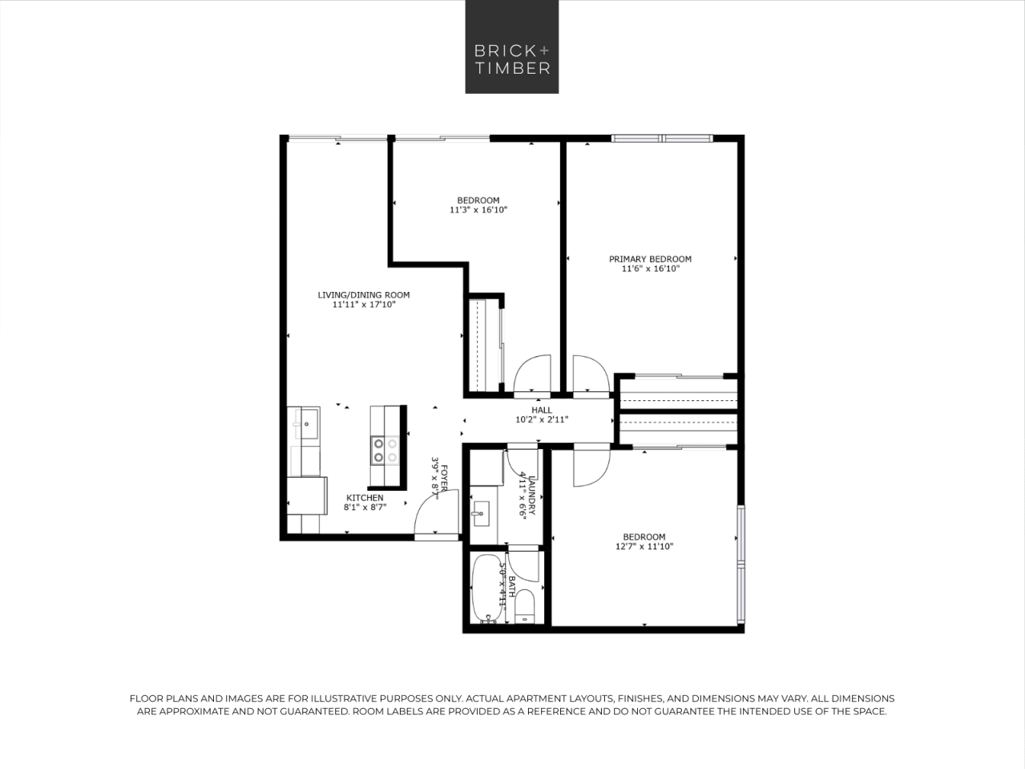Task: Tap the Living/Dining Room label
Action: [x=364, y=295]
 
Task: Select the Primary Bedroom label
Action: [x=650, y=259]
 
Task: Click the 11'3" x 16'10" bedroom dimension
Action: [x=478, y=210]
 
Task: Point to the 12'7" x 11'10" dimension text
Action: [x=644, y=547]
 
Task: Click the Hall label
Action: [x=542, y=410]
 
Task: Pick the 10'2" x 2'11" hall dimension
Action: [x=542, y=419]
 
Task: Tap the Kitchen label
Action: [x=365, y=498]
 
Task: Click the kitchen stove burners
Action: [x=385, y=450]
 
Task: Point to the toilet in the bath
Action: [x=525, y=606]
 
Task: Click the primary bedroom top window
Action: [x=662, y=139]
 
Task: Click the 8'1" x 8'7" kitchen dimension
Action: [x=365, y=508]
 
